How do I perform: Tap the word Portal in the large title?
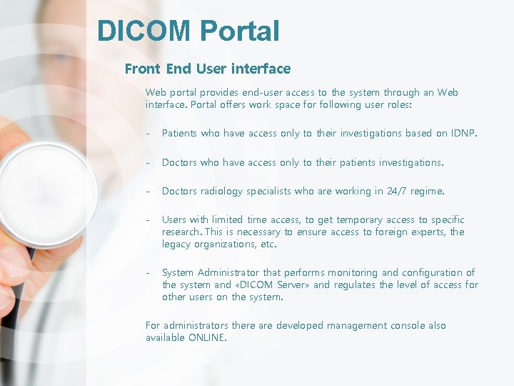240,31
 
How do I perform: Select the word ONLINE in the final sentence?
207,337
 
